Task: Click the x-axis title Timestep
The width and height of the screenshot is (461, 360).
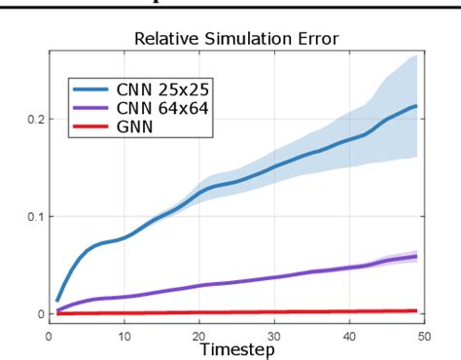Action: [237, 347]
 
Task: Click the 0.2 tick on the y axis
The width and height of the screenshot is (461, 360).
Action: [34, 119]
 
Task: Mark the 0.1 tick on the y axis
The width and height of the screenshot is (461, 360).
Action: [34, 216]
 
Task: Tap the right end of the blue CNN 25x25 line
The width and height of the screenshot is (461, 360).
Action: [417, 106]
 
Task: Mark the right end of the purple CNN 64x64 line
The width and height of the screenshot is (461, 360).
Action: [417, 257]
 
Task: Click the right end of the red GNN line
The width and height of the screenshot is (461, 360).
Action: [417, 310]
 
